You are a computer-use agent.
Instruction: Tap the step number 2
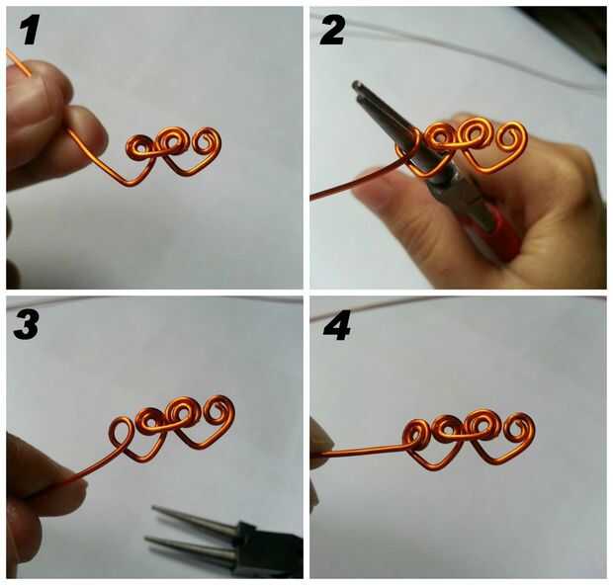332,32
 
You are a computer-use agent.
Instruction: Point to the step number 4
336,326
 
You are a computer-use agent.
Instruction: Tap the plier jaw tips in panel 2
359,90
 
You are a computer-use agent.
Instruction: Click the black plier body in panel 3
270,547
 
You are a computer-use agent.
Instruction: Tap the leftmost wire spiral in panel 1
138,147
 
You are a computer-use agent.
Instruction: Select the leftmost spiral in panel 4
415,435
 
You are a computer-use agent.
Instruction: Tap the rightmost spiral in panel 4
518,429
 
